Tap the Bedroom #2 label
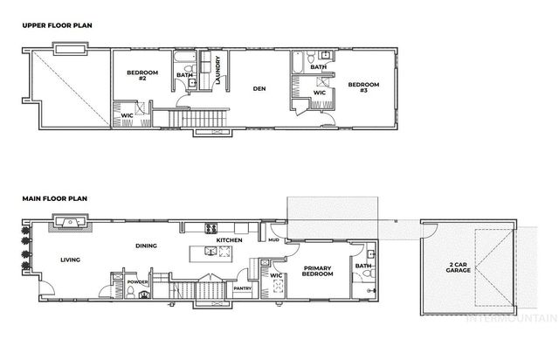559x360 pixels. click(141, 76)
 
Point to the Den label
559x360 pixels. click(259, 89)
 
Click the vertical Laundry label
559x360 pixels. click(216, 73)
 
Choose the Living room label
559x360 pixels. click(70, 260)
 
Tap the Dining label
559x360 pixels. click(146, 246)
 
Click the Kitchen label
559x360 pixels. click(229, 239)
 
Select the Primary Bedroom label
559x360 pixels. click(318, 271)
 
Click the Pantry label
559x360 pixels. click(242, 287)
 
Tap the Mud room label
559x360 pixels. click(273, 239)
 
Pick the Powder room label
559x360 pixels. click(137, 282)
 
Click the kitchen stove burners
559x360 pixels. click(210, 230)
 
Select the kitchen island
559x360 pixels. click(213, 253)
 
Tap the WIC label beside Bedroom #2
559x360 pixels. click(127, 114)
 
